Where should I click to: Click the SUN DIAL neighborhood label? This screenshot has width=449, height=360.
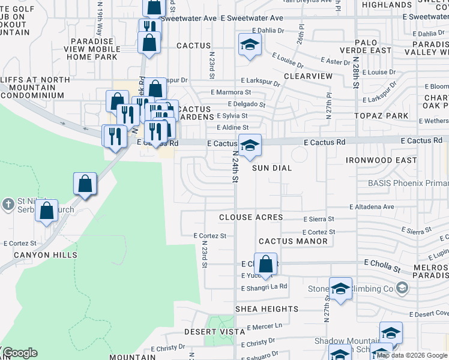[271, 168]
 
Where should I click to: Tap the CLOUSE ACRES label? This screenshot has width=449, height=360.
[251, 217]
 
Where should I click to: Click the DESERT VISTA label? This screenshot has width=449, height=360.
[208, 332]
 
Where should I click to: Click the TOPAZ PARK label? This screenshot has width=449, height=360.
[381, 115]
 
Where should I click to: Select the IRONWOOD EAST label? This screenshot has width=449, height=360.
[381, 160]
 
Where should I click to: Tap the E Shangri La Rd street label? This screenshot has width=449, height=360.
[264, 287]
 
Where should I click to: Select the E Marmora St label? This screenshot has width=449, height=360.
[231, 92]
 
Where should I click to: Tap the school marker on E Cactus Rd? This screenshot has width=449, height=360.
[250, 145]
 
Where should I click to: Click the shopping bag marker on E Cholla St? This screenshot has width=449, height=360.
[265, 263]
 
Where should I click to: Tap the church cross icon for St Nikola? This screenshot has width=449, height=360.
[8, 205]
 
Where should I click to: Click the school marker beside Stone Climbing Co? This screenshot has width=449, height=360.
[340, 289]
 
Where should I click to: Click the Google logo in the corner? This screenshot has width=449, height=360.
[19, 353]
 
